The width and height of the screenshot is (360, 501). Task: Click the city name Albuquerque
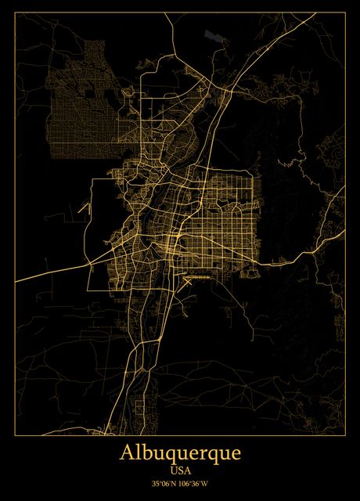pos(180,454)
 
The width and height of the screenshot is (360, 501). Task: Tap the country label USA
pos(180,470)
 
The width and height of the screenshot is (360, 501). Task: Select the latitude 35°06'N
pos(164,485)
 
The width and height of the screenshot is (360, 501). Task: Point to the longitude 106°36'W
pos(196,485)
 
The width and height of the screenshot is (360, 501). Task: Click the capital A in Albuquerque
pos(127,453)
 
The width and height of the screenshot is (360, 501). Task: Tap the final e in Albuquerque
pos(235,456)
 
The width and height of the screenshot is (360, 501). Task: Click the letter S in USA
pos(180,470)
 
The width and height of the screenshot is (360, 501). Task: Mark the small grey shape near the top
pos(212,35)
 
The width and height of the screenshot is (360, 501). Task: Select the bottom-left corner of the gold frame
pos(16,435)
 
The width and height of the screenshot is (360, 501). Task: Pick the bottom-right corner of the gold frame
pos(344,435)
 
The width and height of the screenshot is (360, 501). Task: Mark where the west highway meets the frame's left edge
pos(16,280)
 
